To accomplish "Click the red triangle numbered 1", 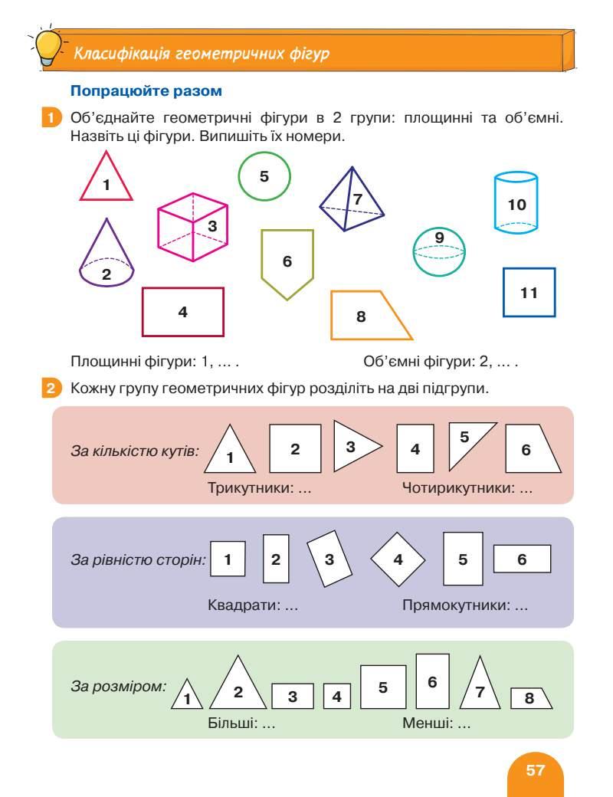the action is [106, 182].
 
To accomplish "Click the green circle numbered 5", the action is [264, 176].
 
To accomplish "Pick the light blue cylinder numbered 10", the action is [516, 203].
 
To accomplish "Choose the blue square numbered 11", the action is [529, 292].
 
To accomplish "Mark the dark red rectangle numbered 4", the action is [183, 311].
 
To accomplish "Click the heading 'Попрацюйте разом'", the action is [146, 91].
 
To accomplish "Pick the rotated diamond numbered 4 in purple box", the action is [398, 559].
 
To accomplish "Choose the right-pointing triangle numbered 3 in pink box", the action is [354, 446].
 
